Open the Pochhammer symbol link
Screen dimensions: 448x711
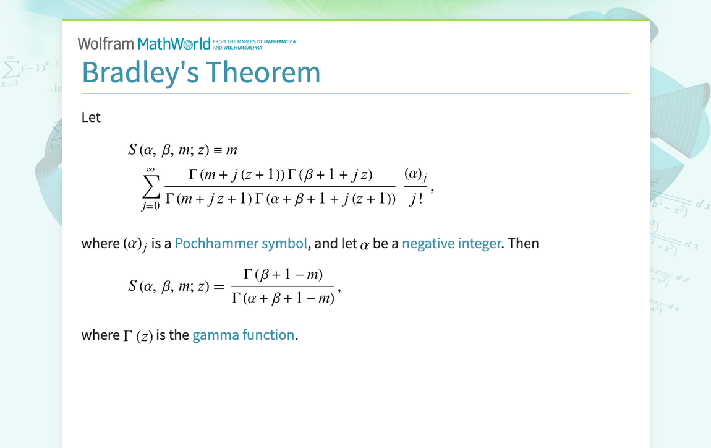(x=241, y=243)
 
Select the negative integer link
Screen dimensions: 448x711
(x=451, y=243)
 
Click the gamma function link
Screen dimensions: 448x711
(x=243, y=335)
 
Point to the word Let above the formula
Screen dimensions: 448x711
(x=91, y=117)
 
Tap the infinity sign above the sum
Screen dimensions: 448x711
(x=151, y=169)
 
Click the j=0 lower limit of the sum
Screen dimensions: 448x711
(x=150, y=206)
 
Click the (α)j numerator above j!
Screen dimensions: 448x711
(x=415, y=175)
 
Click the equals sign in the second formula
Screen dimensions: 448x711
(x=218, y=286)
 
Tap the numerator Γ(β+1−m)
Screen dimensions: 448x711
(x=283, y=274)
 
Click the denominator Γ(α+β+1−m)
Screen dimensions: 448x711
(x=283, y=298)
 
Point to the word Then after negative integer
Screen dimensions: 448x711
(x=523, y=243)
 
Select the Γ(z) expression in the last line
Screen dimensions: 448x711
(x=138, y=335)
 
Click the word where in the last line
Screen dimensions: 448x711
(x=100, y=335)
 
